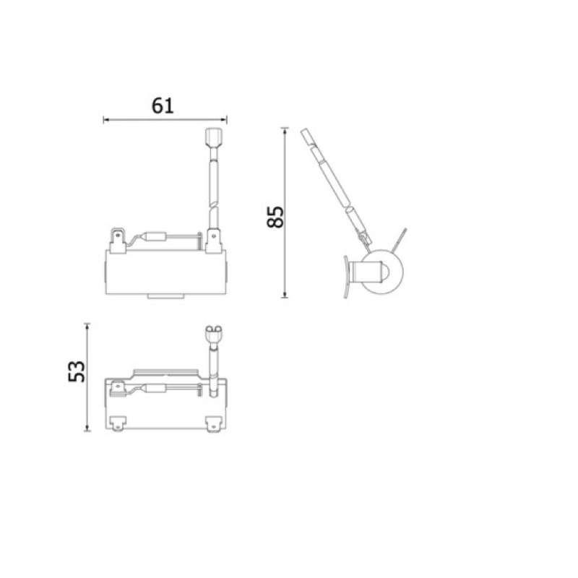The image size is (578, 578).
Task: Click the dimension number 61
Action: [x=163, y=105]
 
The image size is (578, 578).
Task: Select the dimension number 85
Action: [x=275, y=217]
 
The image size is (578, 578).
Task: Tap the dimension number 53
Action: [x=77, y=371]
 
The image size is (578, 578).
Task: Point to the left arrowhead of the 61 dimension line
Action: [x=106, y=119]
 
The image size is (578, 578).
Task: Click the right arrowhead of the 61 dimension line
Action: [x=224, y=119]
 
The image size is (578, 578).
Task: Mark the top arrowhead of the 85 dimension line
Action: [x=285, y=131]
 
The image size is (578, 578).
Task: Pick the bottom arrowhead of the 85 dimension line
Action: [x=285, y=294]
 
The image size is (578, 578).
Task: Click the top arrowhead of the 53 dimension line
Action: [x=87, y=327]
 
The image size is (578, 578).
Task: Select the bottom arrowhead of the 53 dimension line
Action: [x=87, y=428]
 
